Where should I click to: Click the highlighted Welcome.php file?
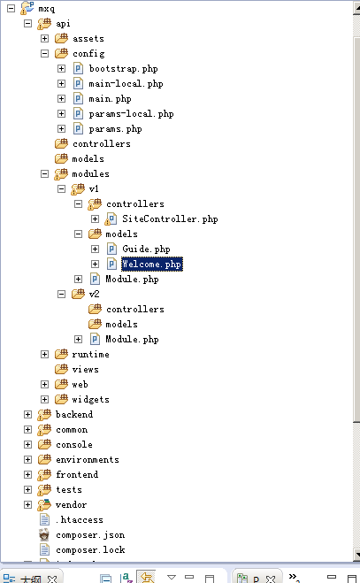[152, 264]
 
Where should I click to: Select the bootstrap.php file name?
[124, 69]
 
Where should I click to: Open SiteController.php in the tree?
[170, 219]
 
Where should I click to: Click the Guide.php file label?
[146, 249]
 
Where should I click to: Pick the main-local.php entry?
[126, 84]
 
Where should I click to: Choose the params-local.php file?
[131, 114]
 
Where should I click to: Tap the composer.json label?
[90, 535]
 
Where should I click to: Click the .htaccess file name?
[80, 520]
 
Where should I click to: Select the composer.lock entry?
[90, 550]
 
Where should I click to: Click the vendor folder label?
[71, 505]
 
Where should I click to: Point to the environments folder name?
[88, 460]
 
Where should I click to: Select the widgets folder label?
[91, 400]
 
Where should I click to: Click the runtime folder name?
[91, 355]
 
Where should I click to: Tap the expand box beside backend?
[28, 415]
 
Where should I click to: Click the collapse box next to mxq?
[11, 9]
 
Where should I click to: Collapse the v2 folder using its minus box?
[61, 294]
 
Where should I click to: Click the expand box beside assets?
[44, 39]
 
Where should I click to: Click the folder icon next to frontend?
[44, 475]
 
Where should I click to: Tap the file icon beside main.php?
[78, 98]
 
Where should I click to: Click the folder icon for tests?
[44, 490]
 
